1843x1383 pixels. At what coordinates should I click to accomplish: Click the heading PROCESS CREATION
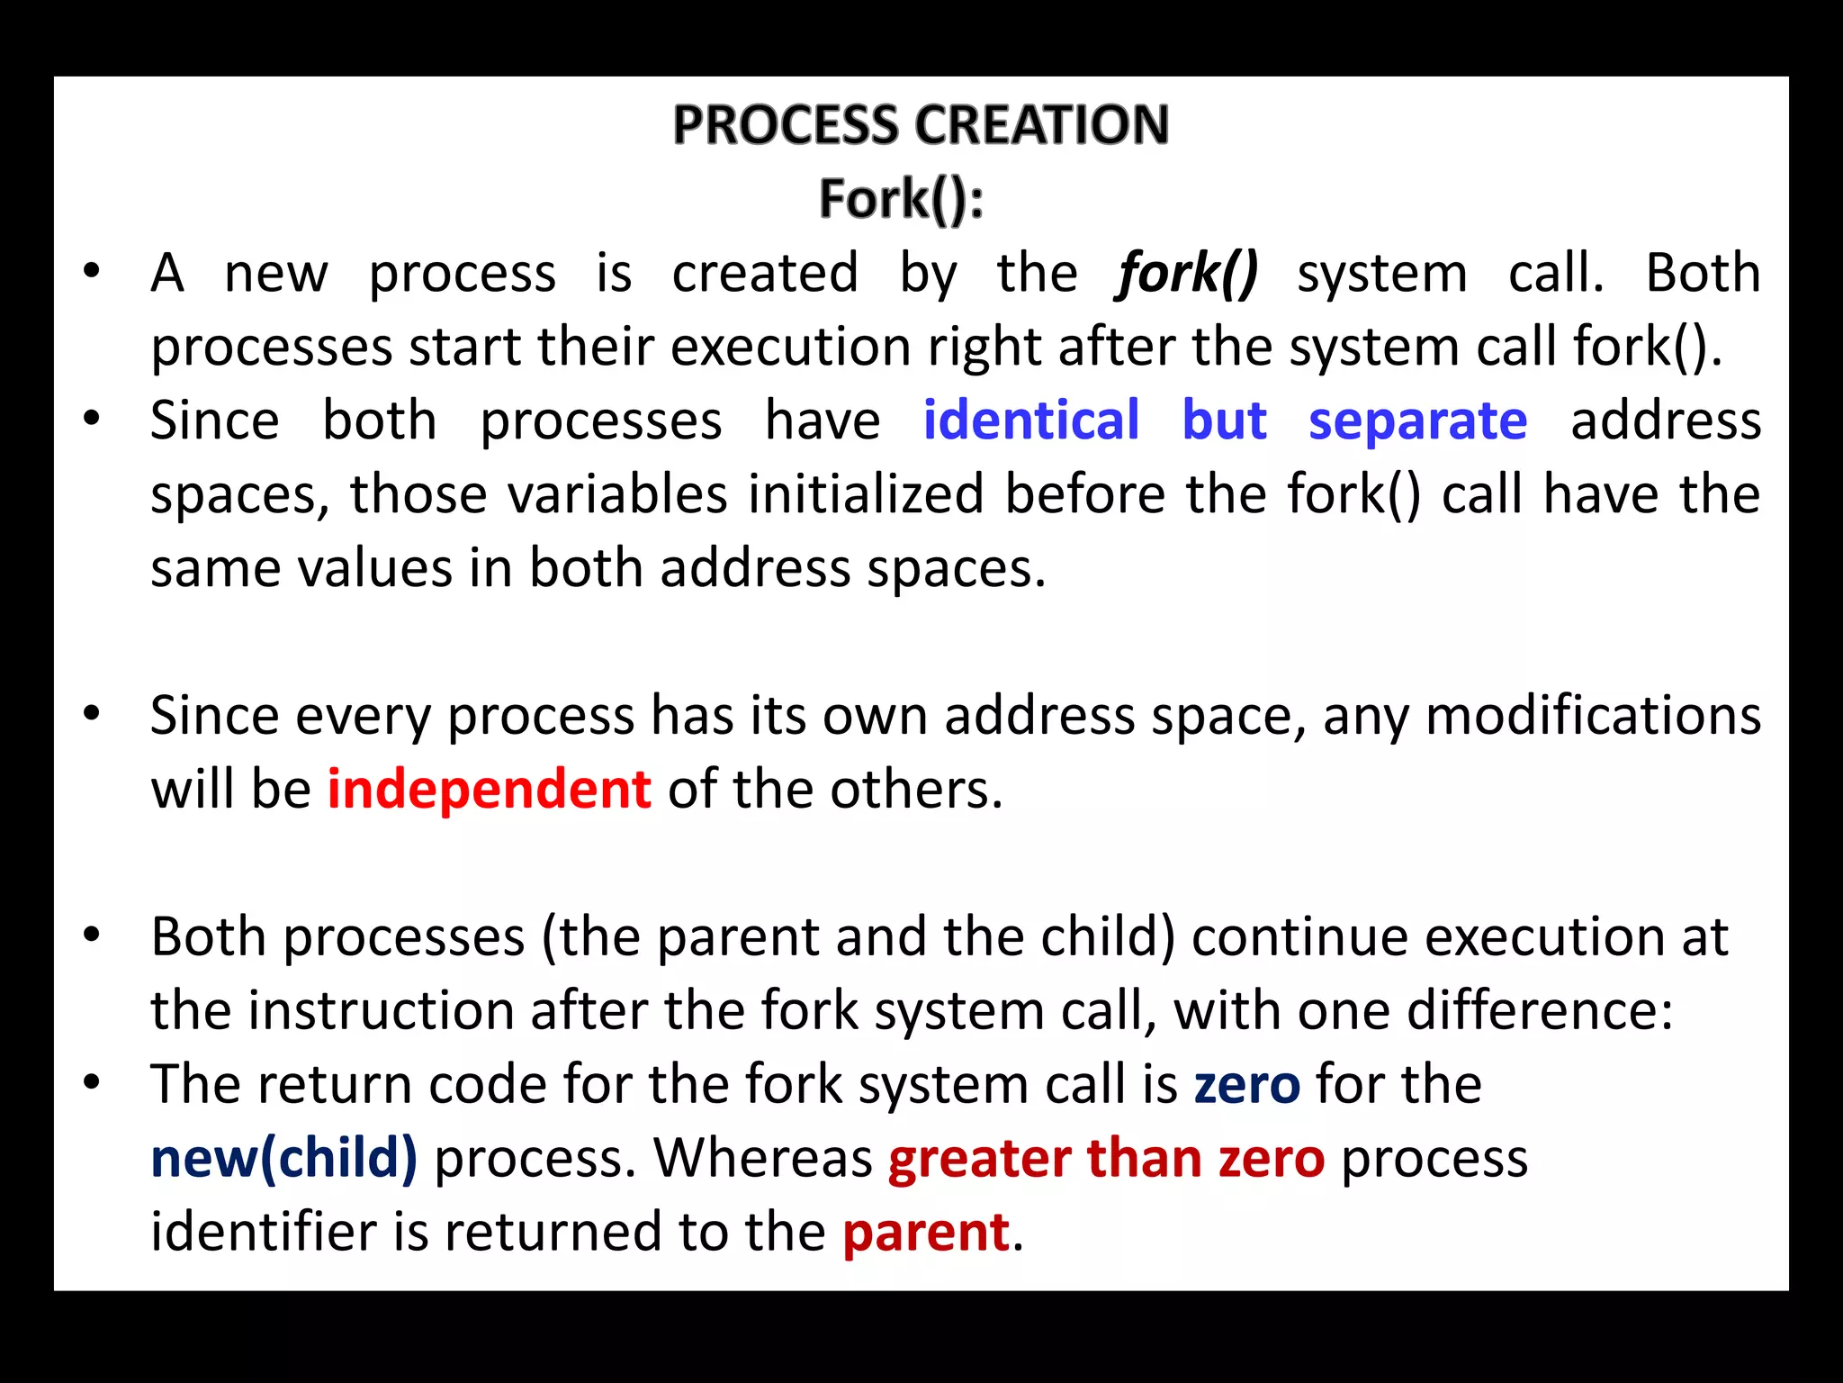[921, 124]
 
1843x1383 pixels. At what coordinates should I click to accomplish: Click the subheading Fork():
[901, 198]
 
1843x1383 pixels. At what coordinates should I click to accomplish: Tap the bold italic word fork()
[1187, 273]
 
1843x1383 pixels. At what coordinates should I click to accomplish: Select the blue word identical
[1031, 420]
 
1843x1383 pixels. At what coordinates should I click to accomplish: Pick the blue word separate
[1417, 420]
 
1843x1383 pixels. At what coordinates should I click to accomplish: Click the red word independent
[489, 790]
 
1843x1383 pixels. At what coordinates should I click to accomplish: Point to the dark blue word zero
[1246, 1084]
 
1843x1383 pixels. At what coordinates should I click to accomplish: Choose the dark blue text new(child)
[283, 1158]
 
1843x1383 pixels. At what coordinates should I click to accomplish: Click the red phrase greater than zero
[1106, 1158]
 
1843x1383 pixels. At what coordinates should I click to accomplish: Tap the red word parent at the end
[925, 1232]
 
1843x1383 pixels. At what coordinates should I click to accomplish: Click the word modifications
[1593, 716]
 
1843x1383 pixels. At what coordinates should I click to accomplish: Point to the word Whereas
[763, 1158]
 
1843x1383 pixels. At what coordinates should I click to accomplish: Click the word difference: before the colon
[1540, 1010]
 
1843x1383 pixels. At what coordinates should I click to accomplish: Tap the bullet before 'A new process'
[91, 271]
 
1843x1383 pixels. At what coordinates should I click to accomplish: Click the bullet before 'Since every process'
[91, 714]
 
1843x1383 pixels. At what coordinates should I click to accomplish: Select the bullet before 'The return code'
[91, 1083]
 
